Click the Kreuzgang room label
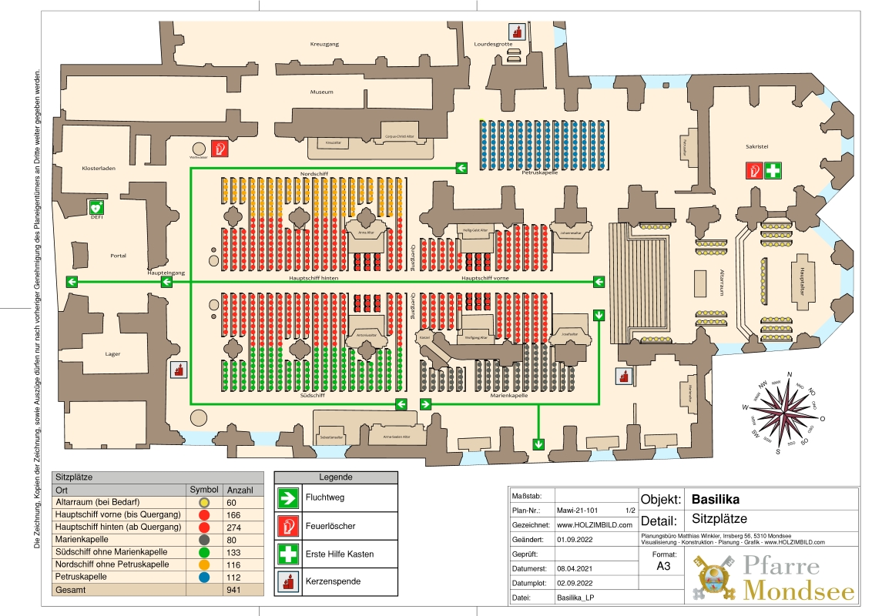[x=324, y=45]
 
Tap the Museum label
[x=322, y=92]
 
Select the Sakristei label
[x=757, y=145]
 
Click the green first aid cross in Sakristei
[x=773, y=170]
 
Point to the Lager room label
[x=112, y=354]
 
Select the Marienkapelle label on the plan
[x=509, y=396]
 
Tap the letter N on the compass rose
[x=790, y=375]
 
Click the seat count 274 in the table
[x=232, y=527]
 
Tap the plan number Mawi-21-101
[x=579, y=510]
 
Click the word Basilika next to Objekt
[x=716, y=499]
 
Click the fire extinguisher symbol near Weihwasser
[x=220, y=148]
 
